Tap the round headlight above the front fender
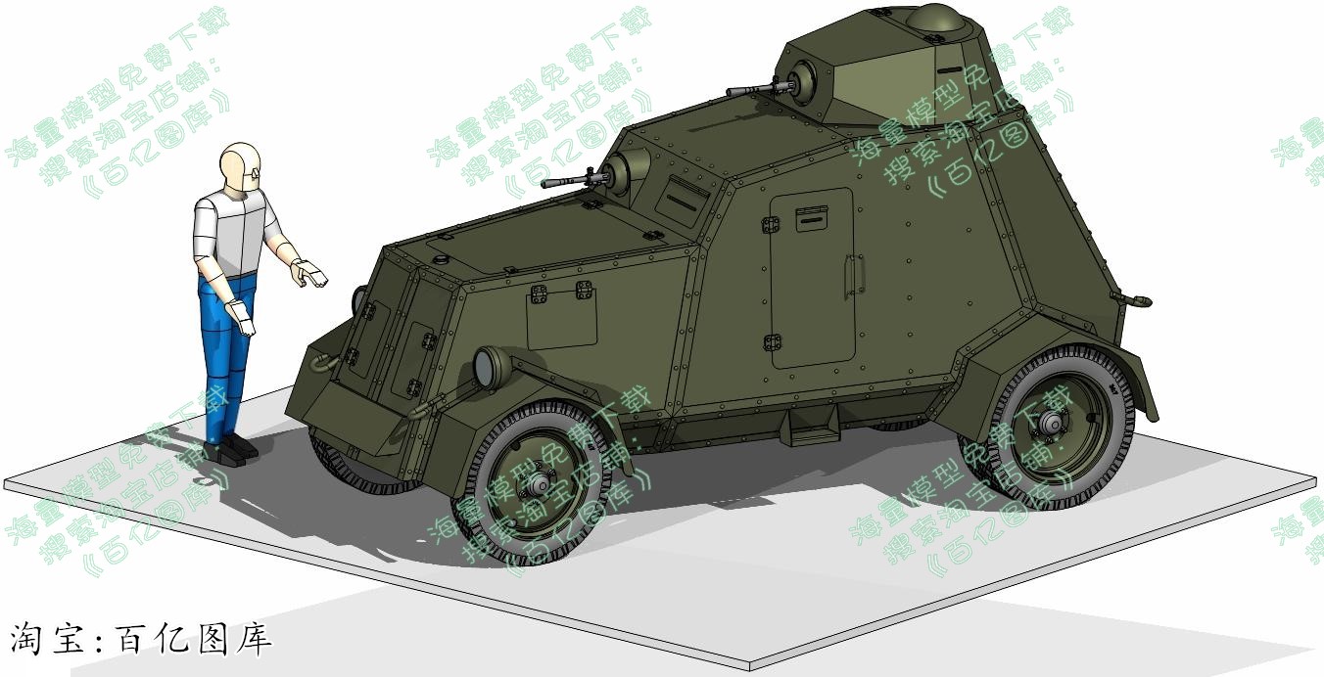point(488,367)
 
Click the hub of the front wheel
point(539,485)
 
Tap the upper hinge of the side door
point(771,226)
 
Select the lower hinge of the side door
point(772,342)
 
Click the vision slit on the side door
point(811,220)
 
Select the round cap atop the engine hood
point(440,258)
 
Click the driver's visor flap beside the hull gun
point(681,199)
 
